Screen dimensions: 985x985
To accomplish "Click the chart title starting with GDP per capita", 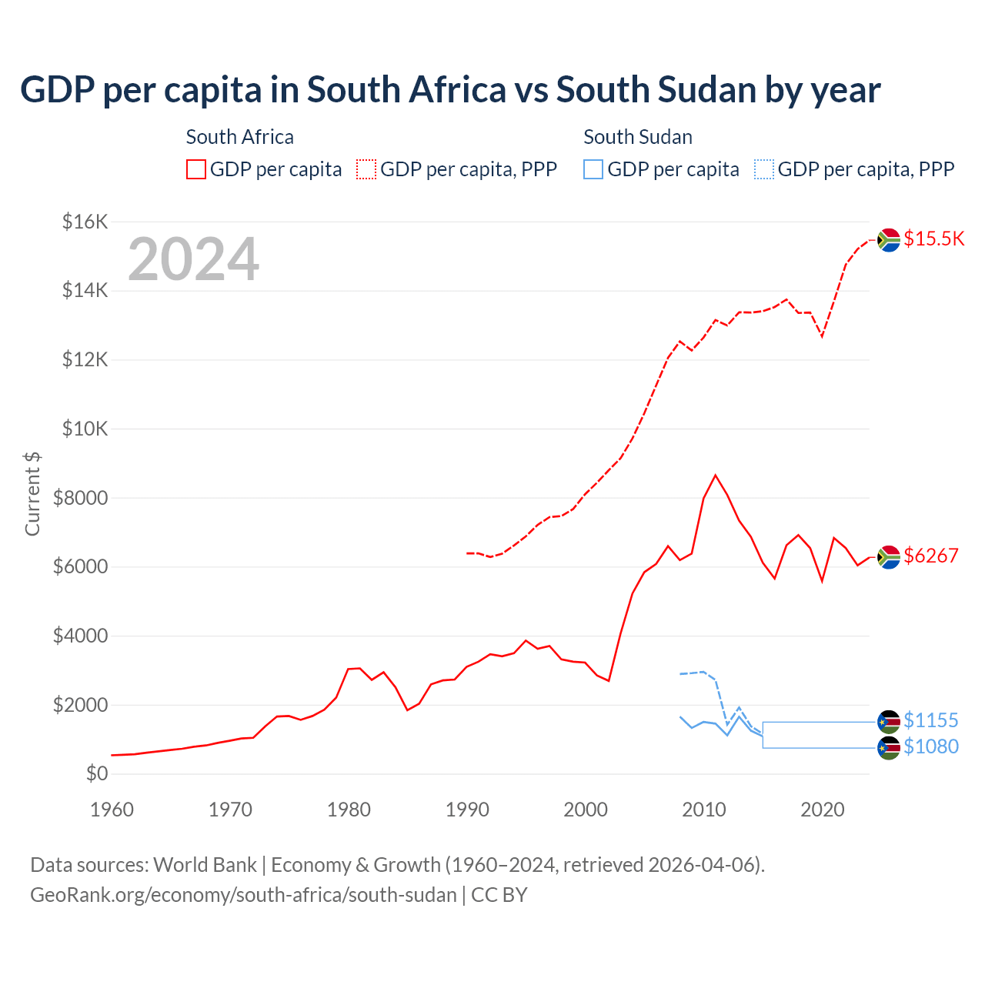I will click(x=450, y=90).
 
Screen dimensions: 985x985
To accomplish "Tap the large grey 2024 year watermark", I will click(x=193, y=259).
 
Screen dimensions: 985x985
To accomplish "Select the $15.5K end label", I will click(x=933, y=239).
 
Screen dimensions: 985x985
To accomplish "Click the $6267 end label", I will click(x=930, y=556).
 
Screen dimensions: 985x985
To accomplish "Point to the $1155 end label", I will click(x=930, y=720).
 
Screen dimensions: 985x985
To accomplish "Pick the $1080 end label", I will click(x=930, y=746).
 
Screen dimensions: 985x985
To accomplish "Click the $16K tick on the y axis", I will click(x=85, y=222).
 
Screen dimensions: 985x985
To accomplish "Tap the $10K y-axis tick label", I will click(x=85, y=429).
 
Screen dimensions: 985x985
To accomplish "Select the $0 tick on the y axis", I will click(x=96, y=773).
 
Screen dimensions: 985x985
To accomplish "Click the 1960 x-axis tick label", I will click(x=112, y=810).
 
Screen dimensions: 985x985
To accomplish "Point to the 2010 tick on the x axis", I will click(x=704, y=810).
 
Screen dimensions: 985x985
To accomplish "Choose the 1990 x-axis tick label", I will click(x=467, y=810).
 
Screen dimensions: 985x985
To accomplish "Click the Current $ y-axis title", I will click(x=32, y=493).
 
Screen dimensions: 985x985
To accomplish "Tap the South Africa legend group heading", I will click(x=239, y=137).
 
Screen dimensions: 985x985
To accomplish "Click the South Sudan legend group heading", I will click(x=637, y=137).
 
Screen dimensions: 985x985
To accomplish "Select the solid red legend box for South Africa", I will click(x=196, y=169).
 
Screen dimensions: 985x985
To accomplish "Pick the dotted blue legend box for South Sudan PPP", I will click(x=764, y=169).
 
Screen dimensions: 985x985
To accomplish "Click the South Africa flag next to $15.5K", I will click(x=889, y=240).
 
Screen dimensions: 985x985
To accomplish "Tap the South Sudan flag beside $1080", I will click(x=889, y=748).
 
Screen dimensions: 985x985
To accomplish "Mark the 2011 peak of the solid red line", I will click(x=715, y=476).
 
